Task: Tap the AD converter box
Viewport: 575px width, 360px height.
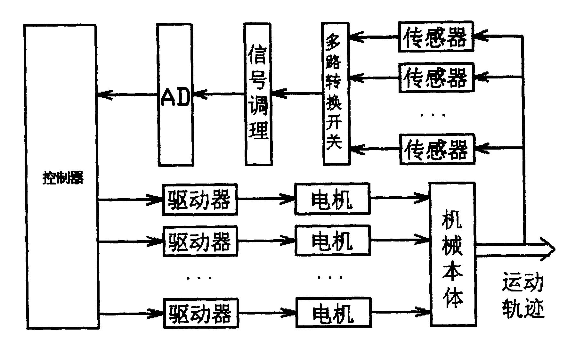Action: pos(175,95)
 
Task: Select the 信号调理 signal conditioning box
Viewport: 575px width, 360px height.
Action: pos(258,94)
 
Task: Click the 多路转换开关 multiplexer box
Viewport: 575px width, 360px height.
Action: pos(335,94)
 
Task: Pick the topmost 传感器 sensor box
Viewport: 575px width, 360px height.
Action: pos(436,37)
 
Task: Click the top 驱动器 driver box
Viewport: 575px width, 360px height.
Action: pos(200,199)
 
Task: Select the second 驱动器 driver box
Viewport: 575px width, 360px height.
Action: pos(200,241)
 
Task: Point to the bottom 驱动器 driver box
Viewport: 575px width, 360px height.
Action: pos(201,313)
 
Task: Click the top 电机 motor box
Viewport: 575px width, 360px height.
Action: pos(332,199)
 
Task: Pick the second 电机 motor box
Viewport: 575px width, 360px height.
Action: pos(333,240)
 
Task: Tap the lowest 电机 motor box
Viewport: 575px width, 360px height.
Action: pos(333,313)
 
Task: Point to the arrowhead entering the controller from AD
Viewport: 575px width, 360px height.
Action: pos(104,95)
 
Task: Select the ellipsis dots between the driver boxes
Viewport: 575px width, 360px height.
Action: pos(199,278)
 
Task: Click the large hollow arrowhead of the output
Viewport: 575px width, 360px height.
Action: pos(548,250)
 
